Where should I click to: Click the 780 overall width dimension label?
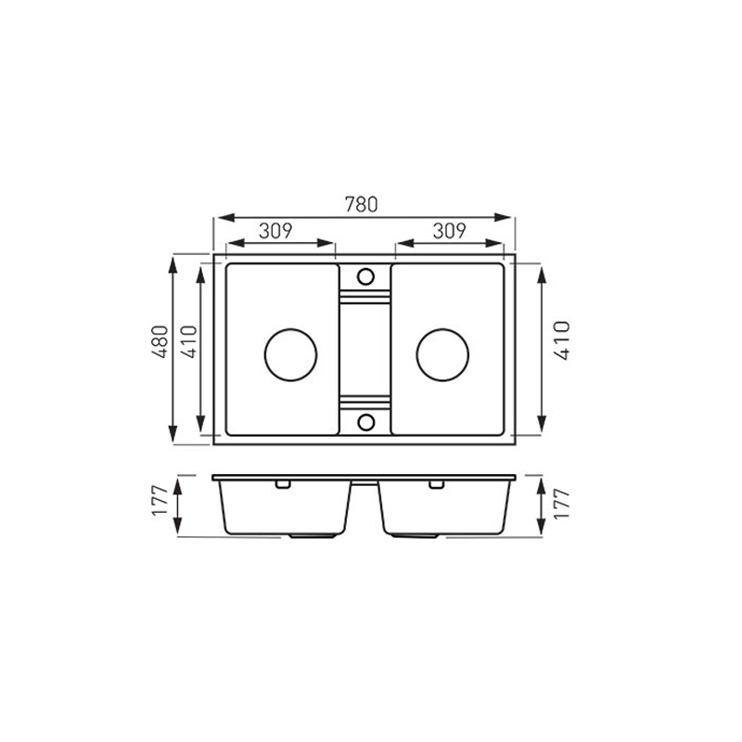click(x=361, y=204)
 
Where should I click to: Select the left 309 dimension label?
click(x=275, y=230)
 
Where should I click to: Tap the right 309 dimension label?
click(x=449, y=230)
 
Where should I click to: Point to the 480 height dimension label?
click(x=160, y=341)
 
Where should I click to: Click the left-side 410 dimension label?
click(x=189, y=341)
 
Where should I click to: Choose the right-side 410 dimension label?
click(x=562, y=340)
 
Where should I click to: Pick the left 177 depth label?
click(x=160, y=501)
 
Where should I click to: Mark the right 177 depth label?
click(x=562, y=505)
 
